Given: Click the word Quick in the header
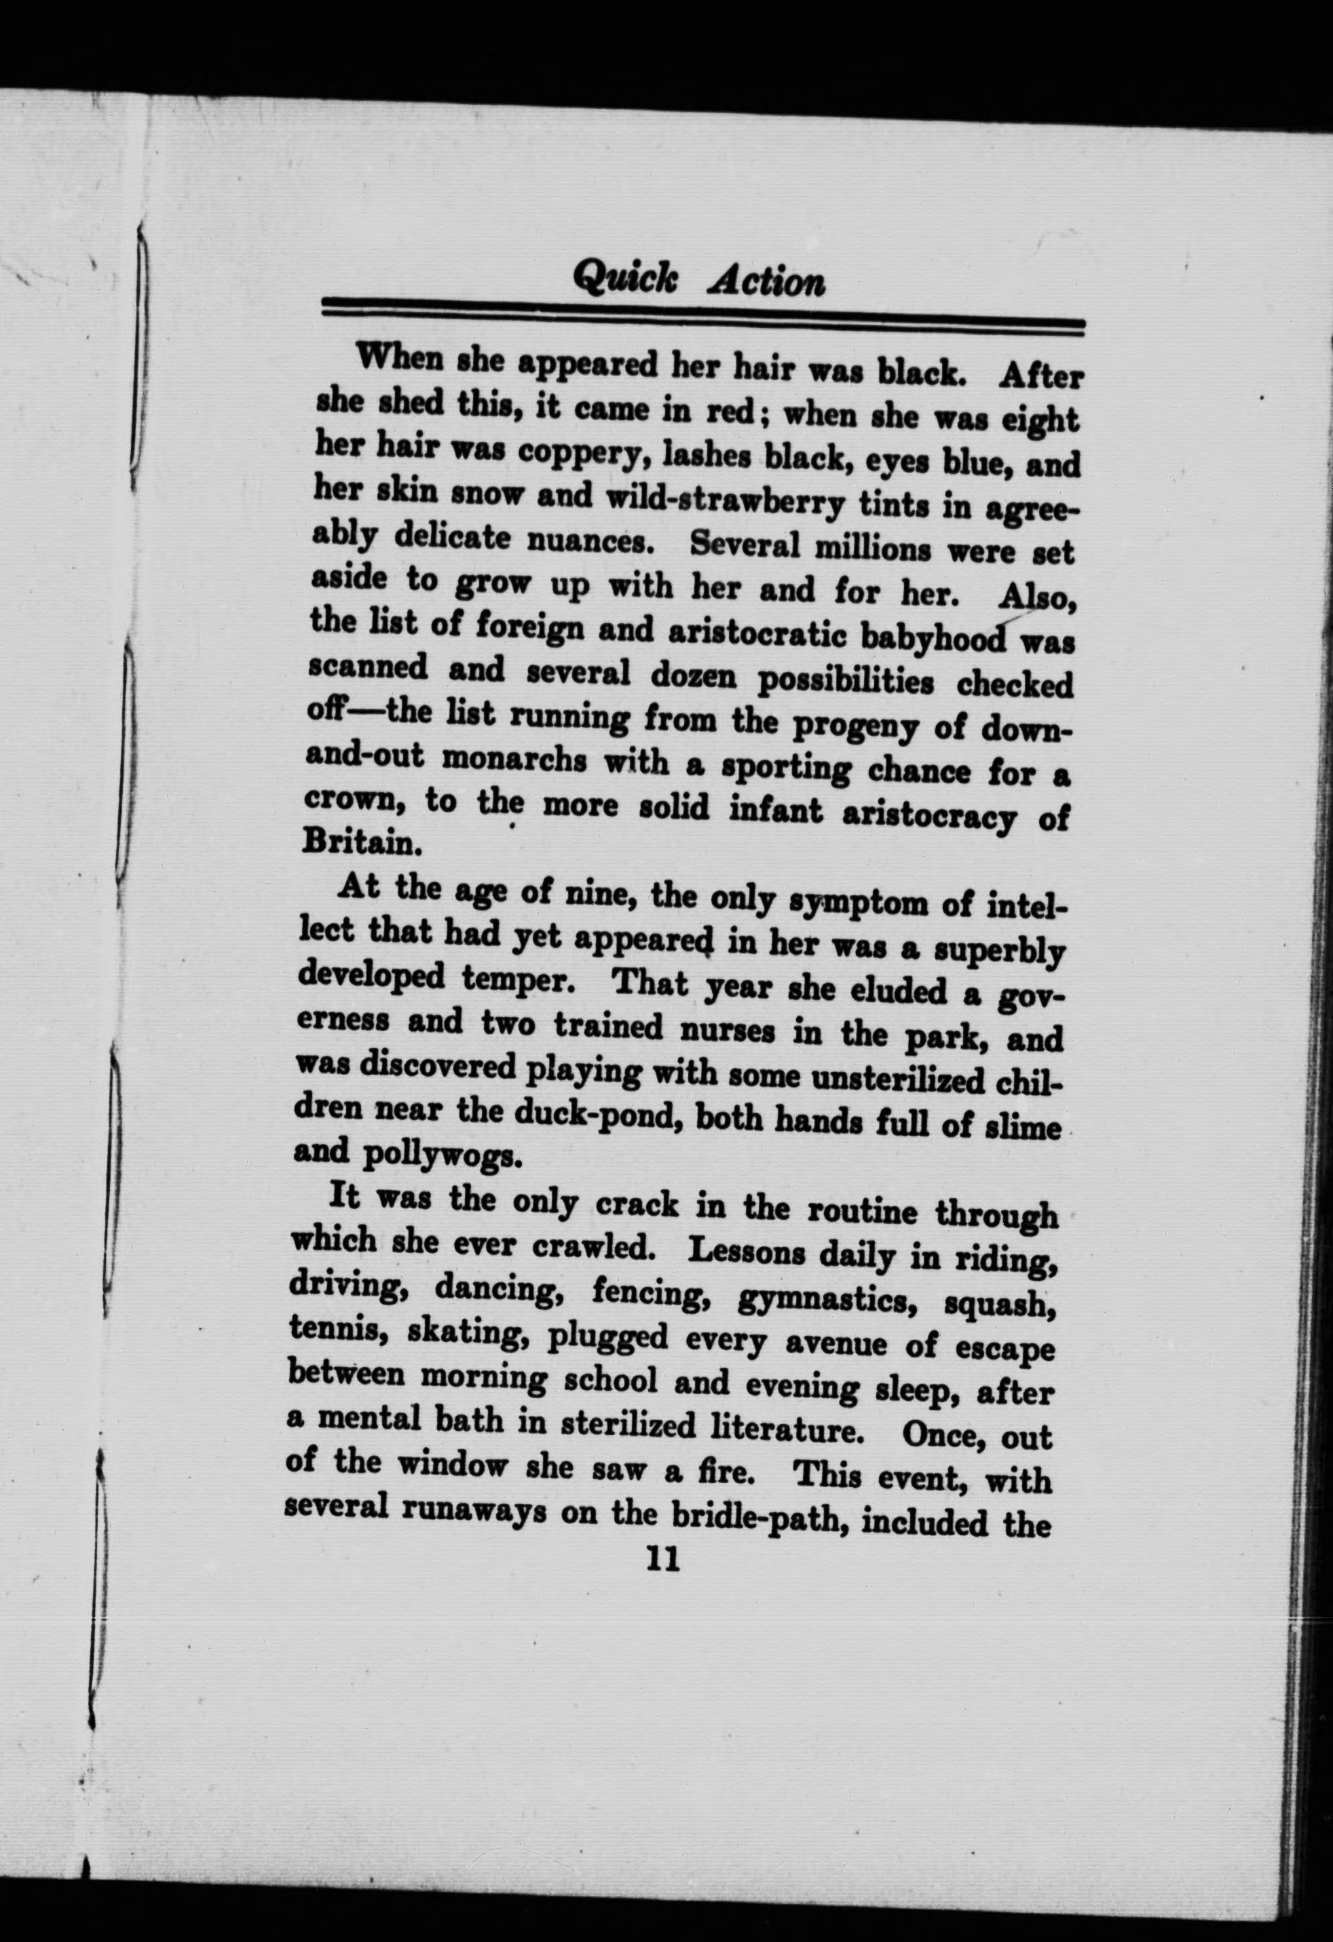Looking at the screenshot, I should tap(625, 276).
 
